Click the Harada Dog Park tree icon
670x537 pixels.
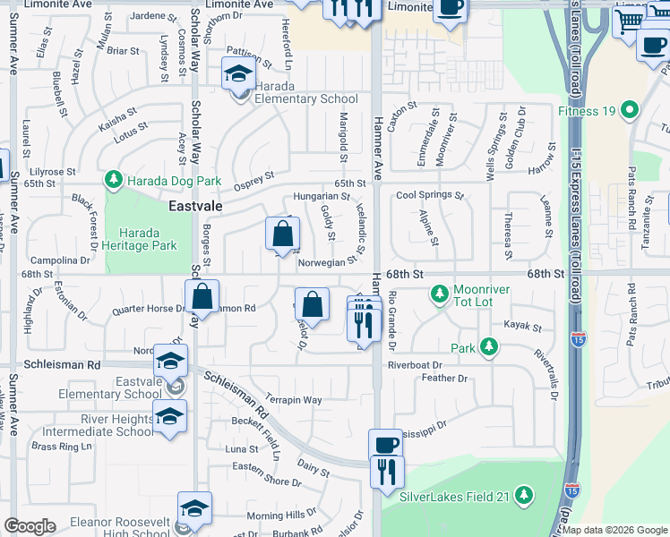(114, 181)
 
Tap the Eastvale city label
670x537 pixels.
(195, 206)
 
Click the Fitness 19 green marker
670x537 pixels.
(630, 111)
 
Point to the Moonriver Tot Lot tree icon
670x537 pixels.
(439, 294)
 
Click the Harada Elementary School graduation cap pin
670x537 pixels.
(237, 72)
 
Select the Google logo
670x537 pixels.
(30, 526)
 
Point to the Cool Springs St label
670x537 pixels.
(430, 195)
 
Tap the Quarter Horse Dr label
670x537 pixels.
(149, 310)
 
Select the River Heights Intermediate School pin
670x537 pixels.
(169, 417)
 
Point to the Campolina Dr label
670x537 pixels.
(60, 260)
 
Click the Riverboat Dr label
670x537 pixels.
(415, 365)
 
